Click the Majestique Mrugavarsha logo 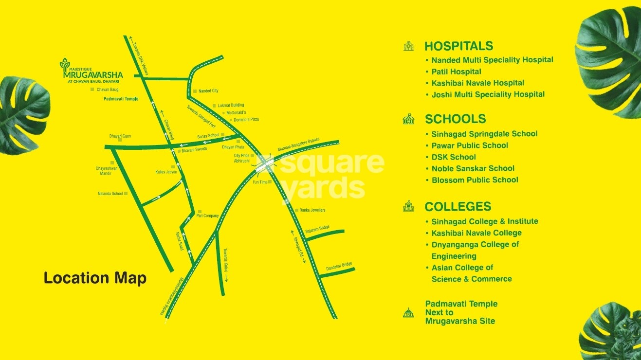click(x=91, y=71)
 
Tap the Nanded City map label click(x=208, y=91)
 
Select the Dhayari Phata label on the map click(x=233, y=147)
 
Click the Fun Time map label click(x=260, y=182)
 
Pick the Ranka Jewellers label click(x=312, y=210)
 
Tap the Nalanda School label click(x=110, y=194)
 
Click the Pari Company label click(x=207, y=216)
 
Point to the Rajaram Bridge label click(x=317, y=228)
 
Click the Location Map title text click(x=95, y=278)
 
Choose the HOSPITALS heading click(x=458, y=46)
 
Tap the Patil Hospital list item click(x=456, y=72)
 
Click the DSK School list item click(x=454, y=157)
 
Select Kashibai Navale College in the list click(x=476, y=233)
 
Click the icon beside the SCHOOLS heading click(x=408, y=119)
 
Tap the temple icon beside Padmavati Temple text click(x=408, y=312)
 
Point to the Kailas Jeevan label click(x=166, y=172)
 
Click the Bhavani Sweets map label click(x=194, y=150)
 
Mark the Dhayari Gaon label click(x=120, y=136)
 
